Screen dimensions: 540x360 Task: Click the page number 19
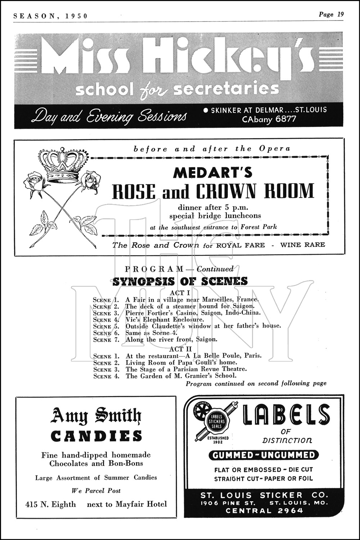click(x=340, y=15)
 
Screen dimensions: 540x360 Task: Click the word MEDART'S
click(x=212, y=173)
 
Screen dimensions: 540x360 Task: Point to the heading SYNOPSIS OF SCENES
click(x=180, y=281)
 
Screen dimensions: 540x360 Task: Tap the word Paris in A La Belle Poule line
click(x=253, y=355)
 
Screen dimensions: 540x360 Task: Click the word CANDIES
click(x=96, y=436)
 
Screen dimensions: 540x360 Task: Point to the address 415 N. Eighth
click(x=51, y=504)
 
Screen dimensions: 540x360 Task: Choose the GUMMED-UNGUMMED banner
click(x=264, y=455)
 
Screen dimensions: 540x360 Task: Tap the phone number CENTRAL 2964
click(x=264, y=510)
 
